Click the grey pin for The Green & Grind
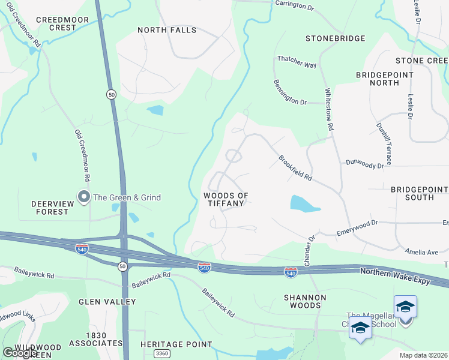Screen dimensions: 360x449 click(x=83, y=197)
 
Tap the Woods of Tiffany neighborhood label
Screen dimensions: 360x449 click(x=226, y=199)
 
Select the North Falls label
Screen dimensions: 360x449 click(x=167, y=30)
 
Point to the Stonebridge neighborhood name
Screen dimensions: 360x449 click(x=335, y=38)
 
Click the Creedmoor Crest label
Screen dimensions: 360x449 click(x=62, y=23)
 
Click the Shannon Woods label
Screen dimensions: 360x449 click(x=305, y=301)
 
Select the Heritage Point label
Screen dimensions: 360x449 click(x=176, y=344)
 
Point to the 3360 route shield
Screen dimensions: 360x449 click(x=161, y=354)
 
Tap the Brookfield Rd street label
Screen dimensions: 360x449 click(x=295, y=168)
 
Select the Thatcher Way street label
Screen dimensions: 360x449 click(x=297, y=61)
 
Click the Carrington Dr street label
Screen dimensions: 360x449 click(x=295, y=4)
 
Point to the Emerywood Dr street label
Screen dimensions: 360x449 click(x=357, y=226)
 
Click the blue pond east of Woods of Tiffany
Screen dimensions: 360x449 click(x=305, y=203)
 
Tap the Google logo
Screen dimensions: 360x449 click(x=20, y=353)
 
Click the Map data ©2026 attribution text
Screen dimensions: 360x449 click(x=423, y=355)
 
